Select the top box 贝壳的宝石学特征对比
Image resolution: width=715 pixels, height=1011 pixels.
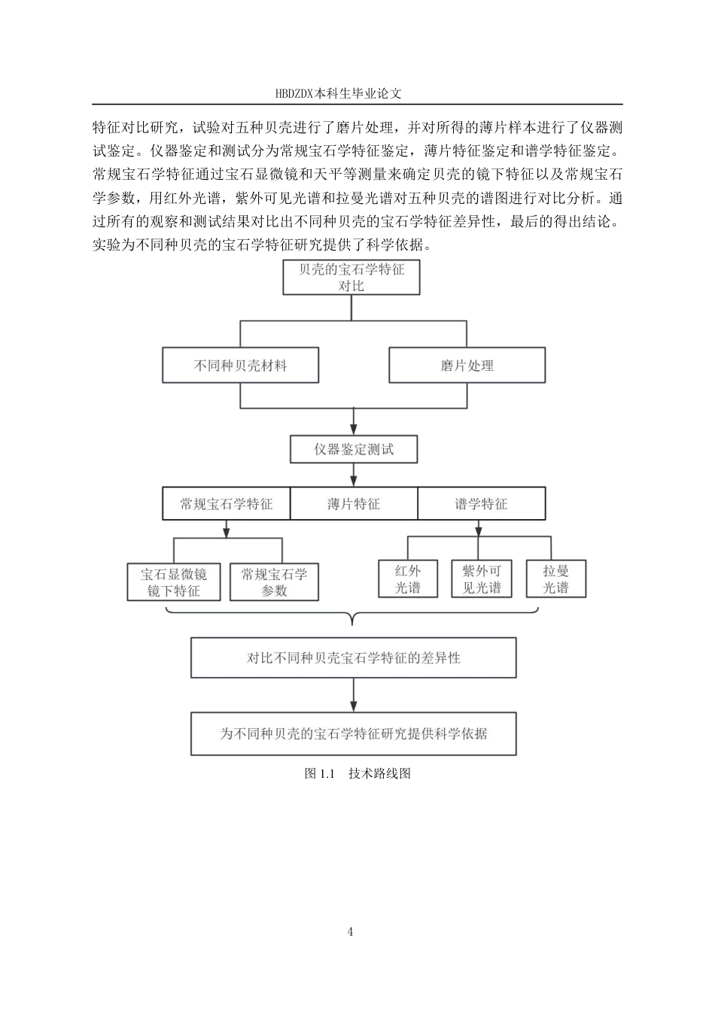coord(351,278)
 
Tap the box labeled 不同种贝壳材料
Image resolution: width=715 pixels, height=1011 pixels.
coord(240,366)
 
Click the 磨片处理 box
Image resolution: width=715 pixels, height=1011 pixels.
coord(467,366)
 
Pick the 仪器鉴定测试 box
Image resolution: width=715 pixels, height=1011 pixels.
coord(354,450)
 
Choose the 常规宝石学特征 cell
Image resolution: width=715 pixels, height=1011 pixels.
coord(226,504)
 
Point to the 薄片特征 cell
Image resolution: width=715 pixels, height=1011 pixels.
coord(354,504)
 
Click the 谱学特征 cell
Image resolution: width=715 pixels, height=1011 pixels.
coord(481,504)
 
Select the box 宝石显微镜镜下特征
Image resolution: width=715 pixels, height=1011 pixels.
coord(174,582)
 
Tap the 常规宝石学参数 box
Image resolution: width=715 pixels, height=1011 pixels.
coord(274,582)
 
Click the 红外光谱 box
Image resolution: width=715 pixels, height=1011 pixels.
coord(408,579)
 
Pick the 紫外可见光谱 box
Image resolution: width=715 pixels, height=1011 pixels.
coord(481,579)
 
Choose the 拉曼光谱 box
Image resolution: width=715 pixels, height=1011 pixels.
coord(555,579)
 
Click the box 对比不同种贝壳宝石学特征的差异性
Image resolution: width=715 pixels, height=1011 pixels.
coord(354,657)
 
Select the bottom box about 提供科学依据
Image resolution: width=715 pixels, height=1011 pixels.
coord(354,733)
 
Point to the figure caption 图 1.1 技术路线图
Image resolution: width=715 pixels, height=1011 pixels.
coord(357,773)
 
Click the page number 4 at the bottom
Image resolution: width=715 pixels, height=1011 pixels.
coord(351,932)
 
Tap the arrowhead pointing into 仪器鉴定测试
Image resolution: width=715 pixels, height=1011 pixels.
coord(354,431)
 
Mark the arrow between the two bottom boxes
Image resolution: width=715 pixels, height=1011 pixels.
coord(354,696)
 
